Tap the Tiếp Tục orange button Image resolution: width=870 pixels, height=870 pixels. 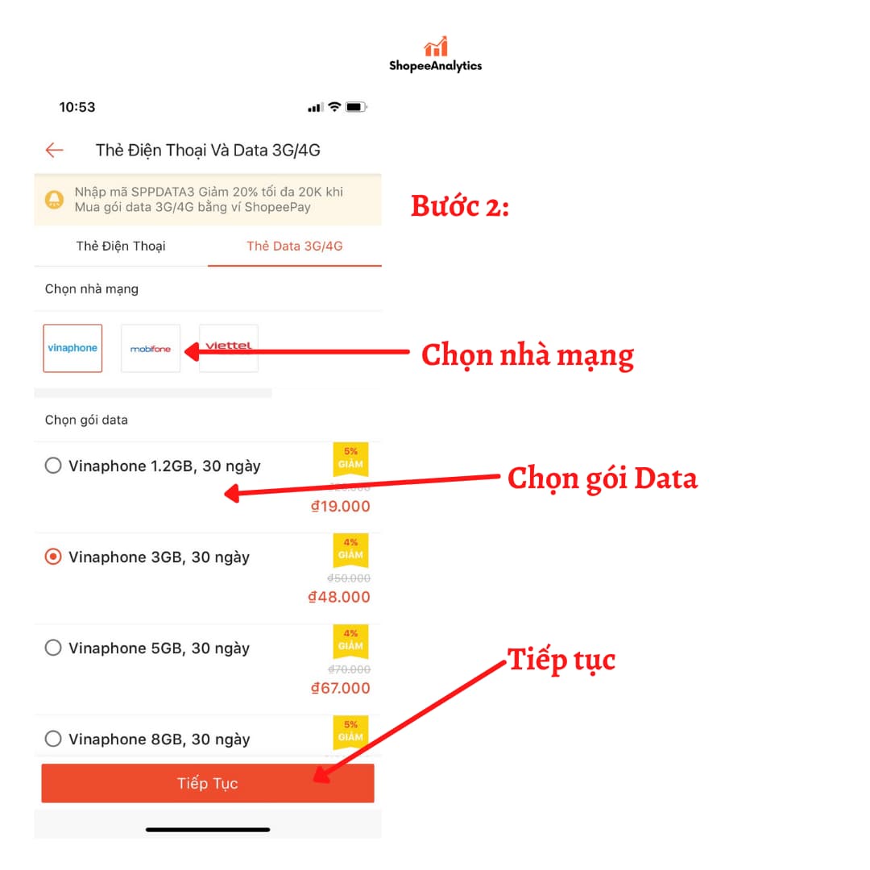pyautogui.click(x=208, y=783)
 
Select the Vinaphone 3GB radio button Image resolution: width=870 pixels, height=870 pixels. pyautogui.click(x=53, y=557)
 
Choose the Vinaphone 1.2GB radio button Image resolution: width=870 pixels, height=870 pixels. pyautogui.click(x=53, y=466)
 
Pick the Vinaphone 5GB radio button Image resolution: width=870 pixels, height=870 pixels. pyautogui.click(x=53, y=648)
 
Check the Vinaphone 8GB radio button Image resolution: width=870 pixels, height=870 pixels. pyautogui.click(x=53, y=739)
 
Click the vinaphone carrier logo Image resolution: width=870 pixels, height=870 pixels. pyautogui.click(x=72, y=348)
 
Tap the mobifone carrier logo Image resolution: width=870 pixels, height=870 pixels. pyautogui.click(x=151, y=349)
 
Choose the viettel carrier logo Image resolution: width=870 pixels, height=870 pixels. pyautogui.click(x=229, y=347)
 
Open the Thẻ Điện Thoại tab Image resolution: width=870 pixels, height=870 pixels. pyautogui.click(x=121, y=246)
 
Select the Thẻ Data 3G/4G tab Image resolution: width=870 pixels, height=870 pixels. pyautogui.click(x=295, y=246)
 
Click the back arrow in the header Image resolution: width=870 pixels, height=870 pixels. pyautogui.click(x=54, y=150)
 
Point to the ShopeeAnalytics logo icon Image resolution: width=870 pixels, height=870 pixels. pyautogui.click(x=436, y=47)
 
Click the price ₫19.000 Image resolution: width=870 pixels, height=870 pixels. pyautogui.click(x=340, y=506)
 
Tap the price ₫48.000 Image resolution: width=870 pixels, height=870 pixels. pyautogui.click(x=339, y=597)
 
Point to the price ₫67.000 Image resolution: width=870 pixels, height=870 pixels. pyautogui.click(x=340, y=688)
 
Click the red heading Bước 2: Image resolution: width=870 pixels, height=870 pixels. pyautogui.click(x=460, y=206)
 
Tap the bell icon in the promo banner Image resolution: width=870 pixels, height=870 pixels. pyautogui.click(x=55, y=199)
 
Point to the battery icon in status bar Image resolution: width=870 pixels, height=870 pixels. pyautogui.click(x=356, y=107)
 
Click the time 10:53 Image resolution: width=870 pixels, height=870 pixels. pyautogui.click(x=77, y=107)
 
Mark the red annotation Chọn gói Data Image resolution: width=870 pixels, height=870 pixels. pyautogui.click(x=602, y=478)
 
